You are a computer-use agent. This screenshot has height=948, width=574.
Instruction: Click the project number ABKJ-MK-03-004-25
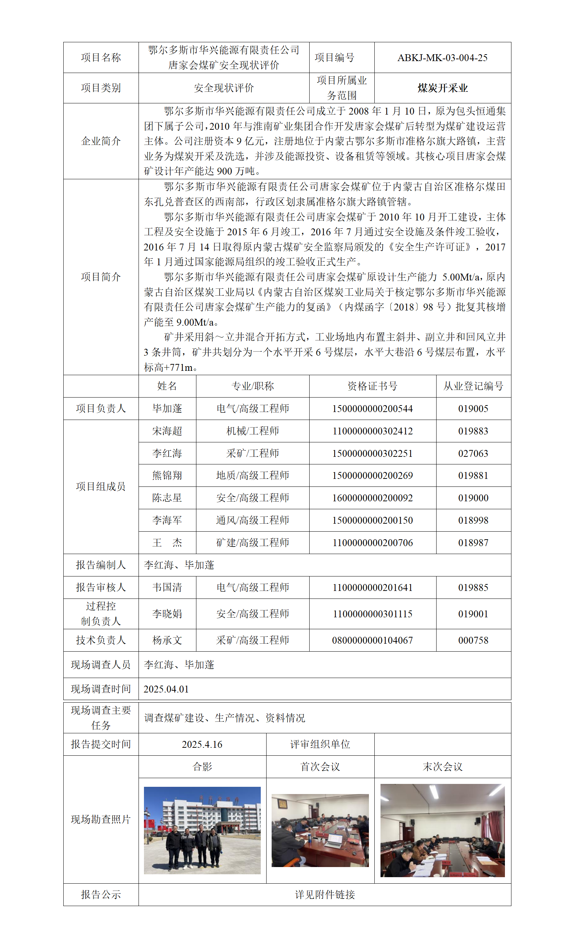point(442,58)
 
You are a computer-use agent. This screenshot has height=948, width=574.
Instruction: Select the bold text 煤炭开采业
point(442,88)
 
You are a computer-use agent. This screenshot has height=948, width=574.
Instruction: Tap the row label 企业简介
point(101,141)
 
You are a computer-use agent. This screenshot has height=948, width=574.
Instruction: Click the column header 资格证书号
point(372,386)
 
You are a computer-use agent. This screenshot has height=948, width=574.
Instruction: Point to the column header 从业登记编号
point(473,386)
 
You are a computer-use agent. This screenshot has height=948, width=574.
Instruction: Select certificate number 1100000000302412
point(372,431)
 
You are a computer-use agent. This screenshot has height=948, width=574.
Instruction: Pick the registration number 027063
point(473,453)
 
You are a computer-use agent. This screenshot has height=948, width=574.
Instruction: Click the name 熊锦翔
point(167,476)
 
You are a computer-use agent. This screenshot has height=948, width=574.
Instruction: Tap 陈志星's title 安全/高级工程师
point(252,498)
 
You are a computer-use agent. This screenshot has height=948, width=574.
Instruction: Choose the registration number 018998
point(473,520)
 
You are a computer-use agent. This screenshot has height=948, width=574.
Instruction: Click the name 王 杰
point(167,542)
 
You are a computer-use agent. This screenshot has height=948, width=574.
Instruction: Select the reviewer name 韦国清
point(167,588)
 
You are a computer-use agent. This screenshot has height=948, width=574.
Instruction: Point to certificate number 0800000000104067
point(372,640)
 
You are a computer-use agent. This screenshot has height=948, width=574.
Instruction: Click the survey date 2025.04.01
point(166,689)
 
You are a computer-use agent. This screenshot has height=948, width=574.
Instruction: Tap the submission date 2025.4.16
point(202,745)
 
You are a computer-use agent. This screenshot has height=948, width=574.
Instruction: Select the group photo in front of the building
point(202,831)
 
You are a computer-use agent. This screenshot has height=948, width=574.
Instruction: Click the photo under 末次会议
point(442,831)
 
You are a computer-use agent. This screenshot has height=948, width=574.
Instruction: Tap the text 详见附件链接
point(324,895)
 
